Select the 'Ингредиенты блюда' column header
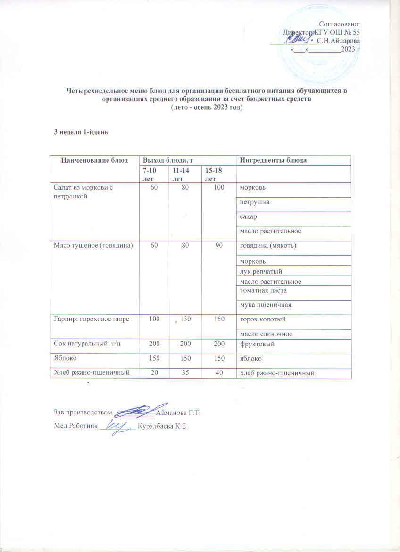pyautogui.click(x=274, y=161)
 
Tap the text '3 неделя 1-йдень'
pyautogui.click(x=81, y=131)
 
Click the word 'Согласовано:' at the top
pyautogui.click(x=340, y=24)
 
